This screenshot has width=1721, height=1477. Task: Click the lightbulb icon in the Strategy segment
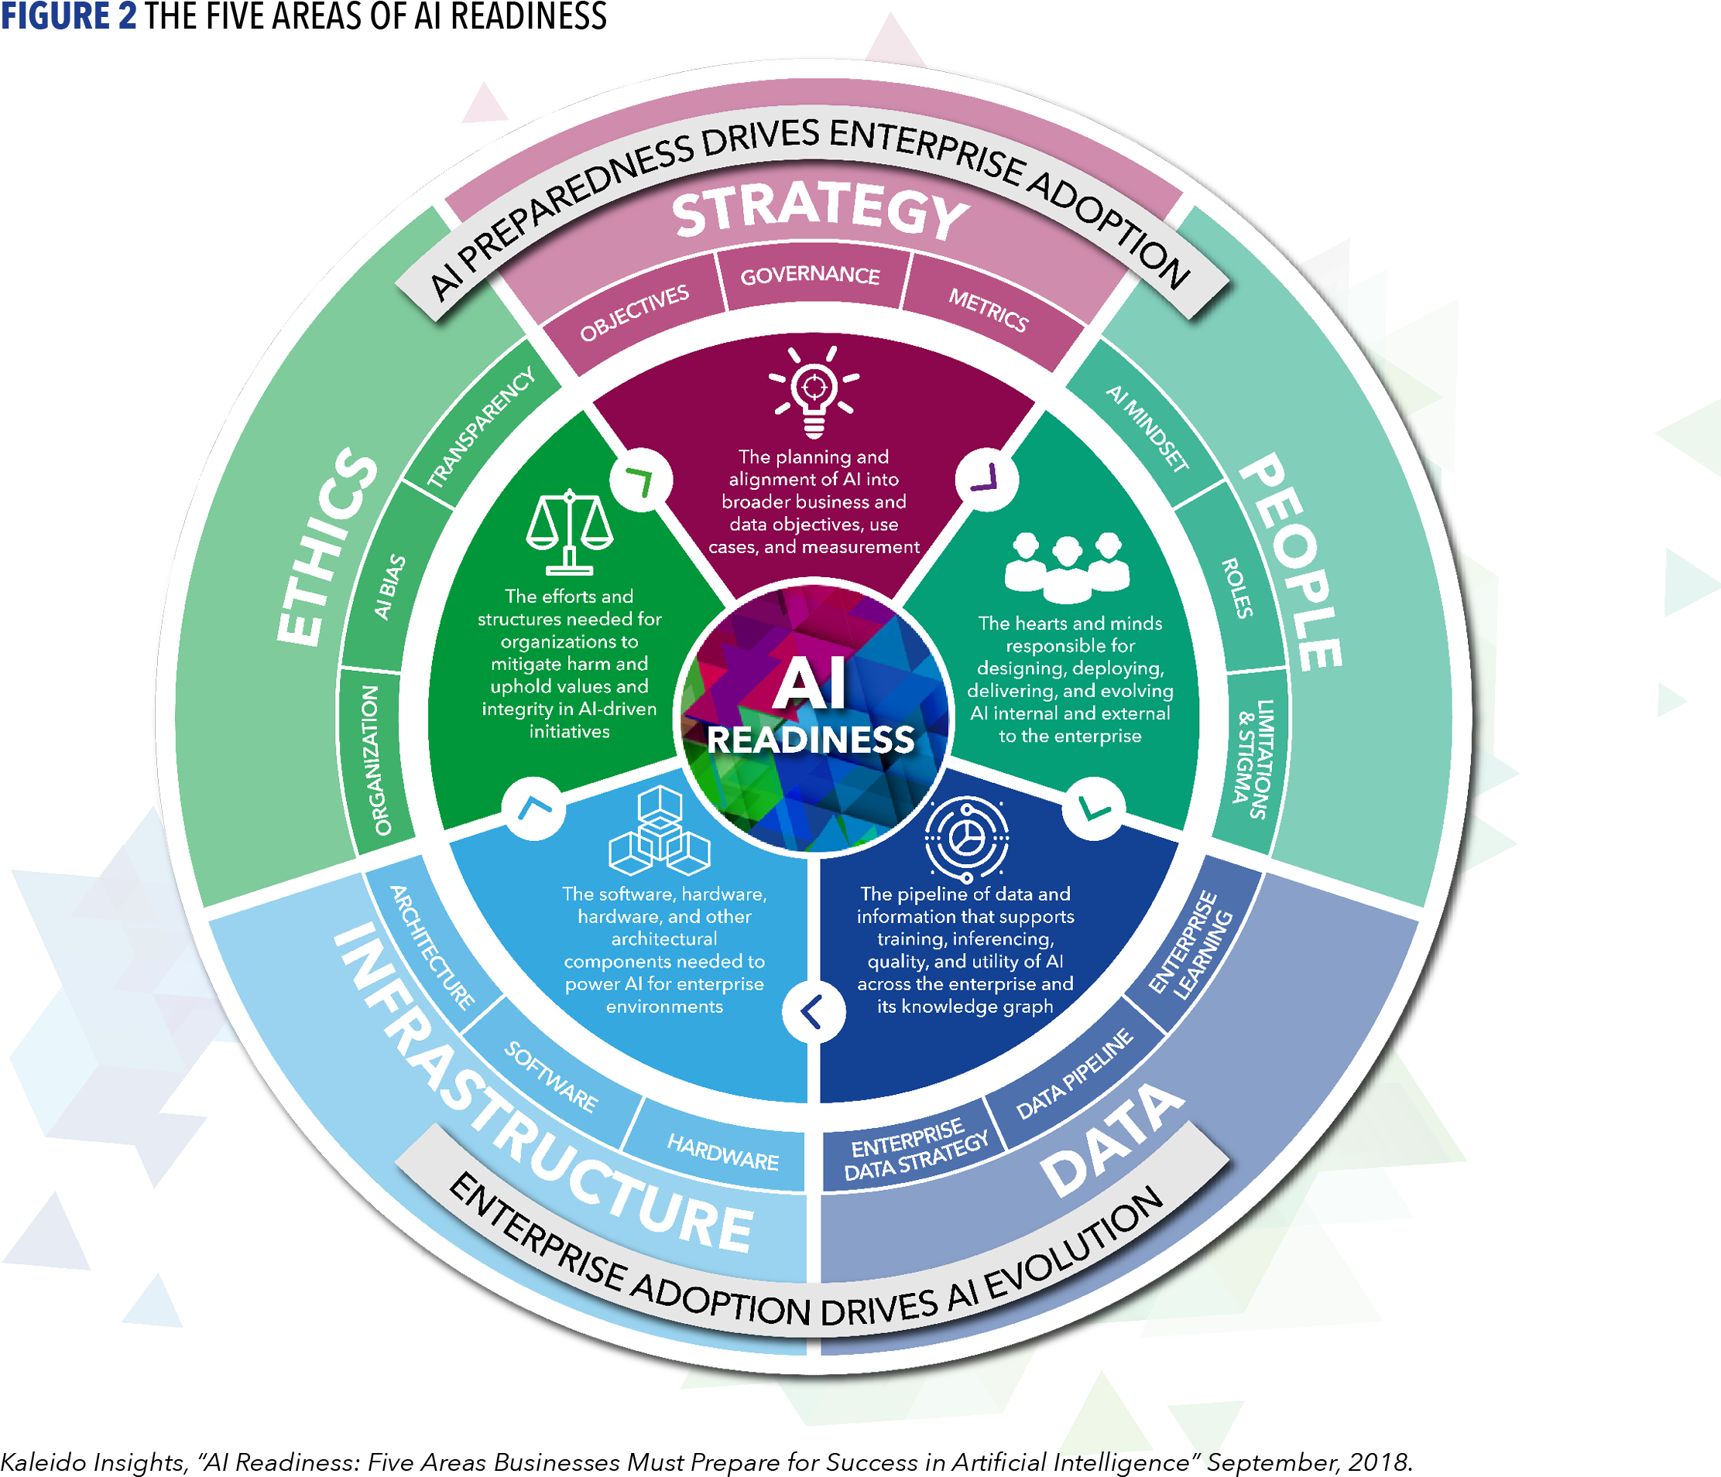click(813, 391)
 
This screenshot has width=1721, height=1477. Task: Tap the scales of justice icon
click(570, 532)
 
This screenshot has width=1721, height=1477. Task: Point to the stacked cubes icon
click(660, 831)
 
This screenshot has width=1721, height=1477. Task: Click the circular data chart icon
click(967, 837)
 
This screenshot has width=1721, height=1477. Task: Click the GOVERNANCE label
click(810, 275)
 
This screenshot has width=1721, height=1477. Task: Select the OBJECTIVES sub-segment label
click(635, 312)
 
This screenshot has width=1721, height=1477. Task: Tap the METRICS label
click(989, 309)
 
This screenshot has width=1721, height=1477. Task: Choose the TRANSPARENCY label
click(481, 429)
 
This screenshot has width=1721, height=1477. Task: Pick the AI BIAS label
click(389, 587)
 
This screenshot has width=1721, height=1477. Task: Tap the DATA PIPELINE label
click(1074, 1073)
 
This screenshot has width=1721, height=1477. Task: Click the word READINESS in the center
click(811, 740)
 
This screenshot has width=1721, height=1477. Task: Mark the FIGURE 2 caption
click(69, 15)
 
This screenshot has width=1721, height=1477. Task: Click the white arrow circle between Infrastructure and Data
click(813, 1011)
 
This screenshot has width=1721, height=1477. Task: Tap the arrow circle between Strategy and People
click(986, 479)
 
